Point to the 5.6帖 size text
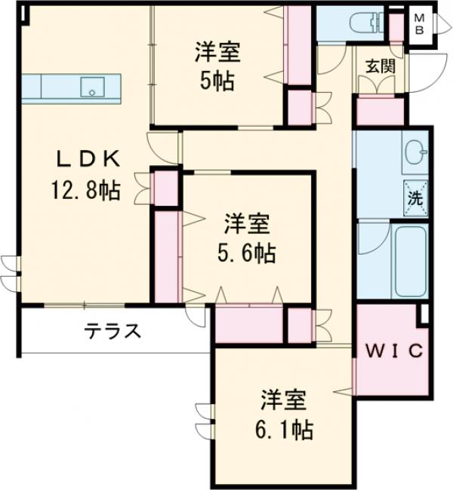coord(248,253)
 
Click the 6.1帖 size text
coord(282,430)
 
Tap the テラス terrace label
coord(112,331)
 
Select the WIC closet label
coord(393,351)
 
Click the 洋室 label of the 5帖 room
coord(217,53)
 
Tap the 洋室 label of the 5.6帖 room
coord(248,225)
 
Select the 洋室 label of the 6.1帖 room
coord(282,400)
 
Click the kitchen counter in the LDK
coord(45,87)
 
